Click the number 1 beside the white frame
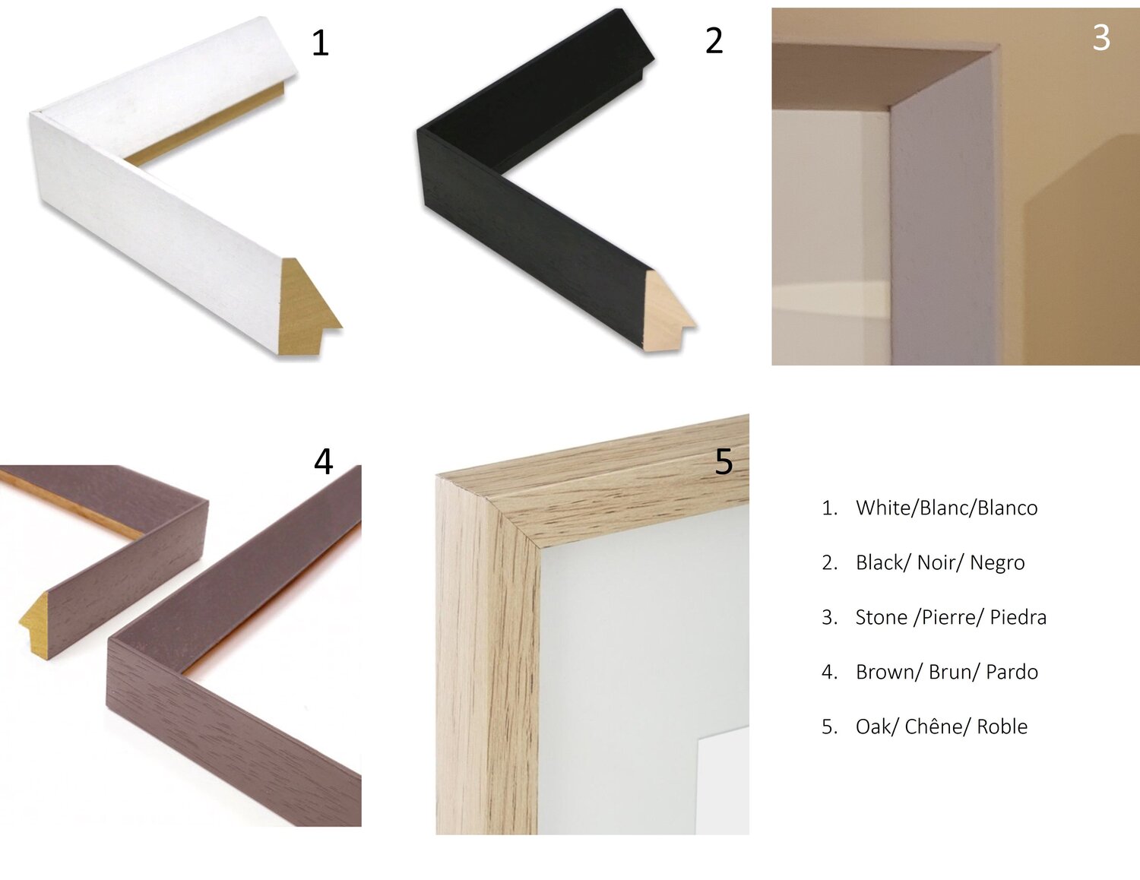click(320, 43)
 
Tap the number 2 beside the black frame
click(714, 41)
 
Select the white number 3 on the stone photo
click(1101, 38)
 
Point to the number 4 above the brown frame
click(323, 461)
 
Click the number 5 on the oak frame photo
click(724, 461)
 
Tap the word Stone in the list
click(881, 617)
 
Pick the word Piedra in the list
click(1018, 617)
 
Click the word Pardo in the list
click(1012, 672)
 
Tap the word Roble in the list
click(1002, 726)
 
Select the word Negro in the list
click(997, 563)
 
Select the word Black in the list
click(880, 562)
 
